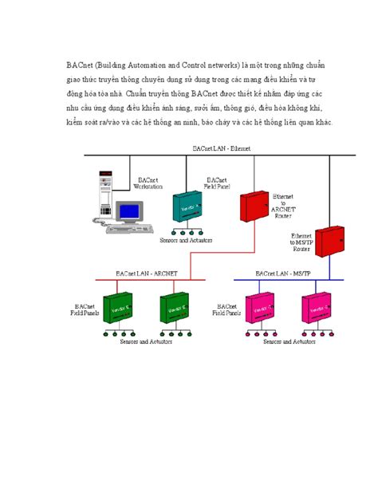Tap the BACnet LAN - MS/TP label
point(281,274)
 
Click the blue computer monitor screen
point(128,211)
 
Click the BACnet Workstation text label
point(148,184)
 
